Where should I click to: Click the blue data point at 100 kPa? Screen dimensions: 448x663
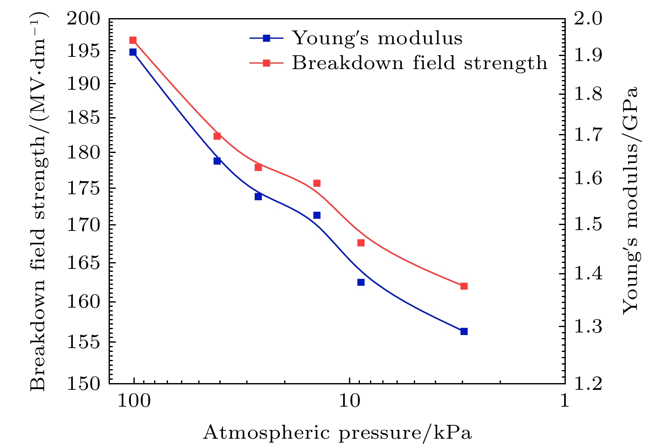[x=133, y=52]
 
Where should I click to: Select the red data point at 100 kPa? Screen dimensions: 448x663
[x=133, y=40]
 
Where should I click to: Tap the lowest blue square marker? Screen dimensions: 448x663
[x=464, y=331]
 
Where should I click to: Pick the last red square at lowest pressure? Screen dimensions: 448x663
[x=464, y=286]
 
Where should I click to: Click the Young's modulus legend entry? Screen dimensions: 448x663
[x=377, y=38]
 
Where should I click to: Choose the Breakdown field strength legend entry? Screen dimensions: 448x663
[x=419, y=63]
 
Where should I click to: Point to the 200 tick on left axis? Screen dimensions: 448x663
[x=84, y=19]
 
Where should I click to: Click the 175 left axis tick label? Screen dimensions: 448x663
[x=84, y=188]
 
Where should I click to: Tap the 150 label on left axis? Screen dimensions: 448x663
[x=84, y=384]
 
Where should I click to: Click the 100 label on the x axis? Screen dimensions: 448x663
[x=134, y=401]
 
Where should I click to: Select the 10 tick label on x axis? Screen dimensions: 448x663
[x=349, y=401]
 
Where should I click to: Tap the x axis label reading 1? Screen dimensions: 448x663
[x=564, y=401]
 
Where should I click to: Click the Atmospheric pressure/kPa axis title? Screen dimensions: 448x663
[x=337, y=433]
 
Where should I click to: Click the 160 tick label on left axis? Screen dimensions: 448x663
[x=84, y=302]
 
